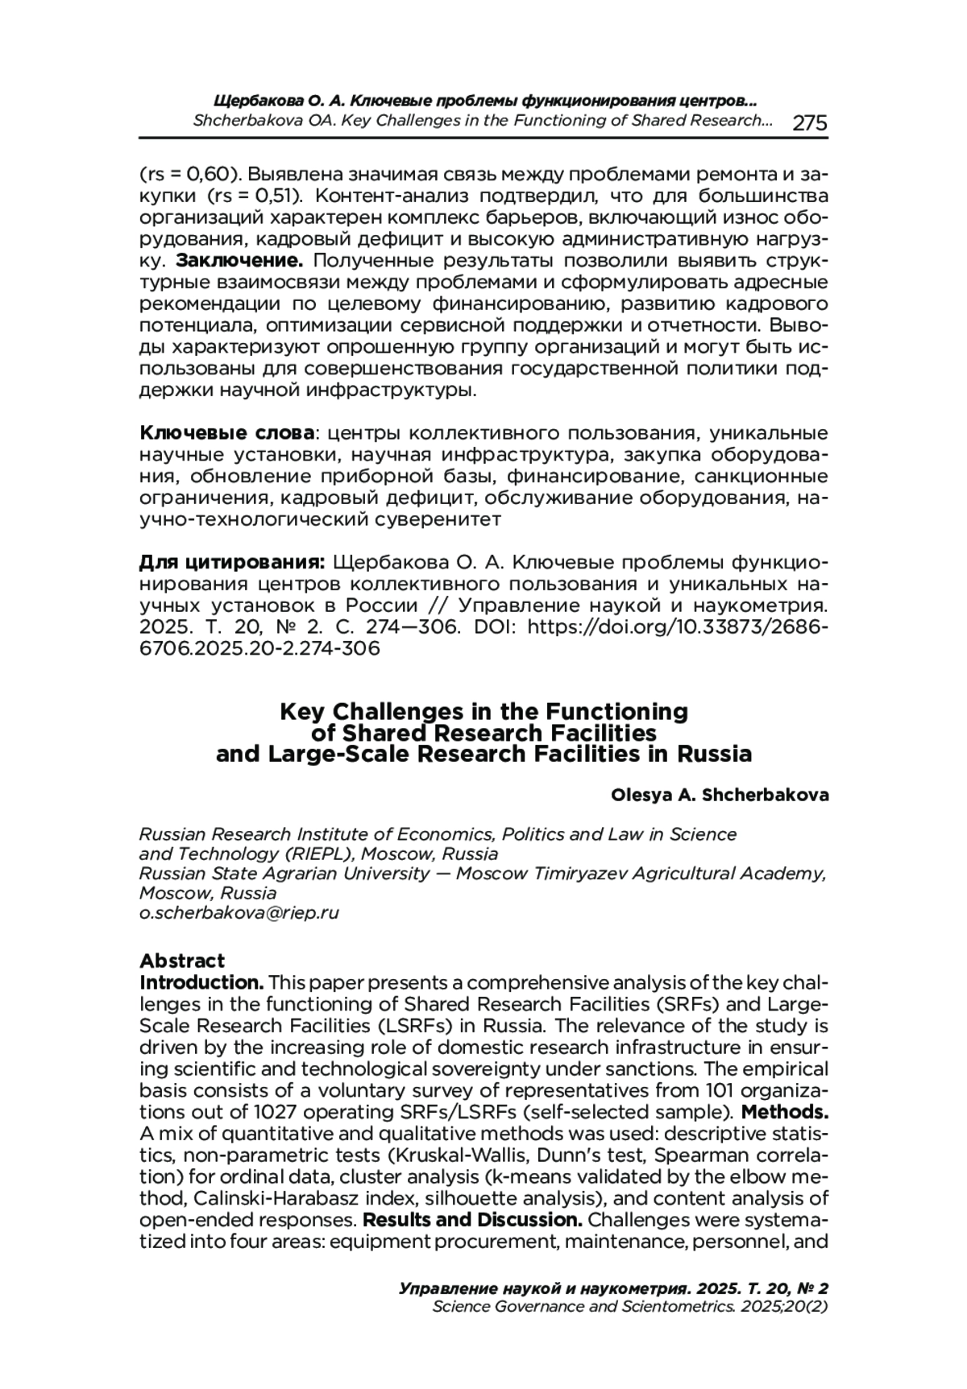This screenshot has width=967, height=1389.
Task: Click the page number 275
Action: click(810, 122)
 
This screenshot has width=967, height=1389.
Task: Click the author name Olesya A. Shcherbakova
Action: click(720, 795)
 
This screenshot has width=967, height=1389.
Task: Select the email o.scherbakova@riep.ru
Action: click(239, 912)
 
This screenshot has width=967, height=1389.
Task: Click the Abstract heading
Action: click(182, 961)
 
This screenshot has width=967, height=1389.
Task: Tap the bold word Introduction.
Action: click(201, 982)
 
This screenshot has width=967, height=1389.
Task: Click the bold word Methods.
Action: click(785, 1112)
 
